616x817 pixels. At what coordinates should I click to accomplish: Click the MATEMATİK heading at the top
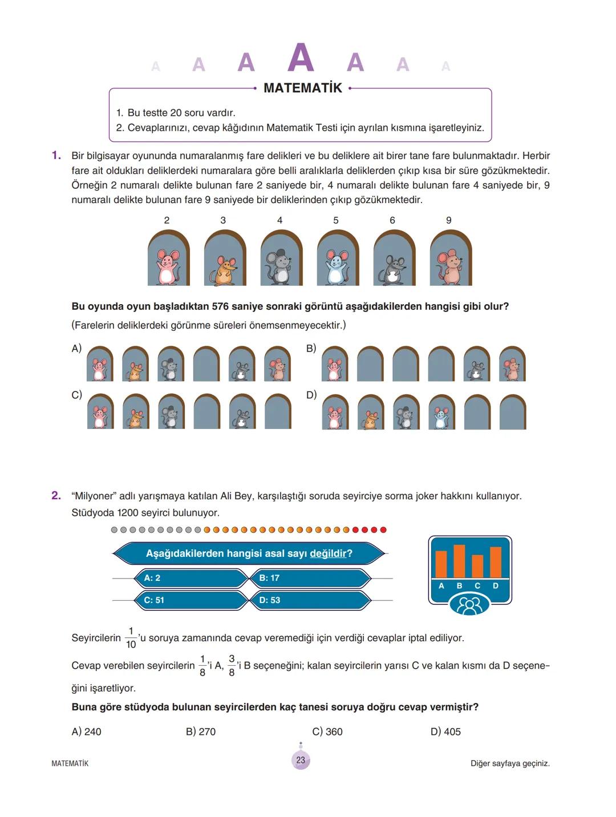click(303, 88)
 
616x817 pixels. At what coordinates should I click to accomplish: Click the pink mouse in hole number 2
click(167, 266)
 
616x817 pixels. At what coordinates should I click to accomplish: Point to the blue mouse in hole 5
click(337, 267)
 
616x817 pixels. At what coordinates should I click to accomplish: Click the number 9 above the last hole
click(449, 220)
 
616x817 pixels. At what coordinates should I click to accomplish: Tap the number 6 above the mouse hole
click(392, 220)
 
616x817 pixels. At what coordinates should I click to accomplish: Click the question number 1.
click(56, 155)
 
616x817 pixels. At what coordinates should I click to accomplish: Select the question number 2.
click(56, 496)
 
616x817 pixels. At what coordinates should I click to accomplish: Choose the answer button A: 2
click(191, 578)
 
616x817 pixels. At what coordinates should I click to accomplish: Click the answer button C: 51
click(191, 600)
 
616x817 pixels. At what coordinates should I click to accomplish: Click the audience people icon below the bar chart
click(469, 605)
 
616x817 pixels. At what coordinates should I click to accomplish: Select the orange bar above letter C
click(477, 566)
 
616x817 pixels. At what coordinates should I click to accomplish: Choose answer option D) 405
click(445, 731)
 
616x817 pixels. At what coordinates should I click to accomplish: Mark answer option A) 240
click(86, 731)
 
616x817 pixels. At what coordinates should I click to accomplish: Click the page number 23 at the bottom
click(301, 760)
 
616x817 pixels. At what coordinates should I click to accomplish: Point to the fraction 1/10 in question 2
click(131, 638)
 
